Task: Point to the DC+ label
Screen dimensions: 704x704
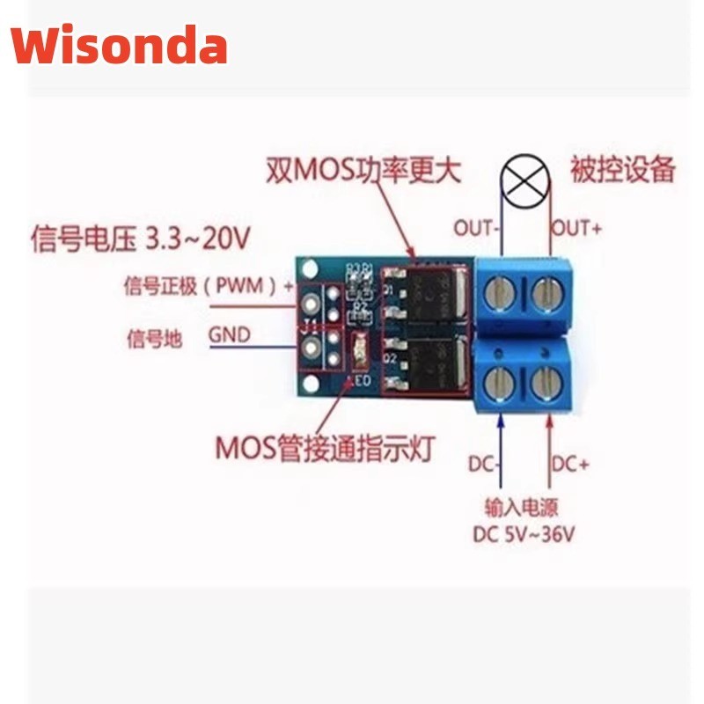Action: (570, 464)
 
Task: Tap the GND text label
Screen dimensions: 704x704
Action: (229, 335)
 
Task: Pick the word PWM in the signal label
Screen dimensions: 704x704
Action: (236, 285)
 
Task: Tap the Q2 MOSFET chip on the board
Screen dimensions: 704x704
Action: (422, 363)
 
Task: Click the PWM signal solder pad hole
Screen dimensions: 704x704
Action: (310, 302)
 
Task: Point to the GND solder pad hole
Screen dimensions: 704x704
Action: (310, 350)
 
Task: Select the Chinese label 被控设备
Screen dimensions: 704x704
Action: (622, 168)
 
